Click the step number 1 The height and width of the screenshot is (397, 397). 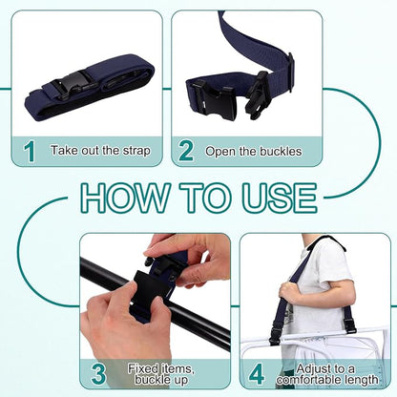31,152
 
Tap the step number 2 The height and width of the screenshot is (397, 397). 186,152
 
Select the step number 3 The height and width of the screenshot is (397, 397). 98,374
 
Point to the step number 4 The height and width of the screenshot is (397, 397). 257,374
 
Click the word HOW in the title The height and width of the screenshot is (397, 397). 125,198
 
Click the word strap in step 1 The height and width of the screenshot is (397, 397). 136,151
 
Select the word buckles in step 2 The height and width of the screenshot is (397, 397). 281,151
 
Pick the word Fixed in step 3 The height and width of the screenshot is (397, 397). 143,368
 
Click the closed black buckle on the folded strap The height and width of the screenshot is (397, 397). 72,86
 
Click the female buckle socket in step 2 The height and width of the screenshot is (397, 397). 215,102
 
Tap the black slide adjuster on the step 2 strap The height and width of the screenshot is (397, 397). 291,72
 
